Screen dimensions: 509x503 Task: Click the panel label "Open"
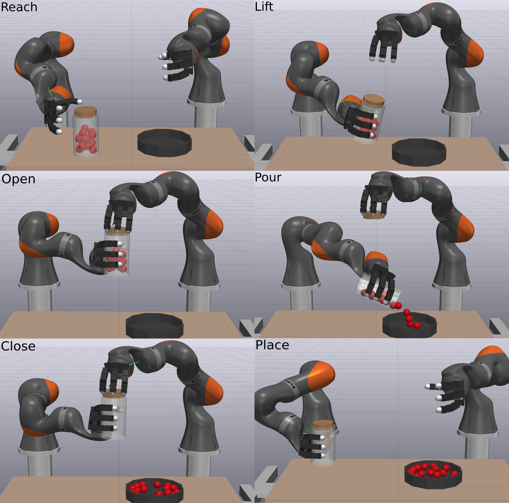point(18,179)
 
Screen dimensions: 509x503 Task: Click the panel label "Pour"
point(268,177)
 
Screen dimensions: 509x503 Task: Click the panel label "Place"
point(272,345)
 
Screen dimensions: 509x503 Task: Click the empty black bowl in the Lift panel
point(419,152)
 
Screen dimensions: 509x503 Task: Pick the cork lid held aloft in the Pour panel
point(374,215)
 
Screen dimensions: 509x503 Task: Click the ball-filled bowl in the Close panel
point(155,490)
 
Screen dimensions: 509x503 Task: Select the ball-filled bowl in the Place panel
point(433,474)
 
